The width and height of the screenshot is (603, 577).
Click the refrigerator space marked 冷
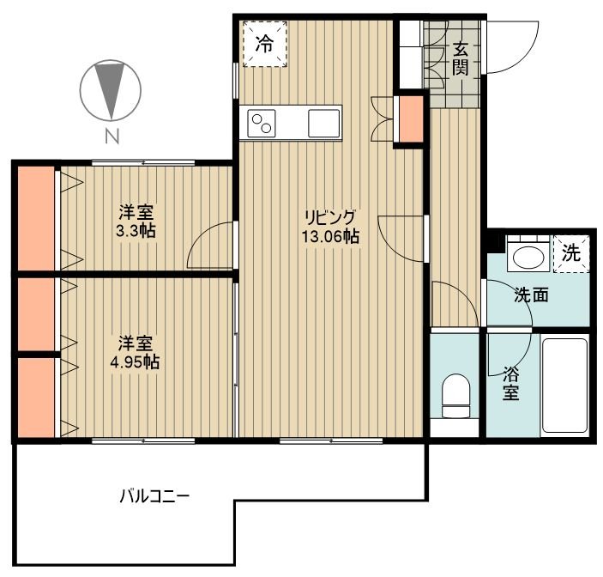point(265,44)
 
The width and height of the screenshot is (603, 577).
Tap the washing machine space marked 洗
point(571,254)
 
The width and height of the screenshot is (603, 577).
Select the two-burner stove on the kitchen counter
point(262,123)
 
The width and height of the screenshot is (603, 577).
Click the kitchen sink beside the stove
point(324,123)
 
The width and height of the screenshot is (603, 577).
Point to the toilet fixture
point(455,396)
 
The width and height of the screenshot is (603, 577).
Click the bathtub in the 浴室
point(564,386)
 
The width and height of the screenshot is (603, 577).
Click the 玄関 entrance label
point(461,58)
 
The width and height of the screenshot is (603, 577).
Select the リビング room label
point(330,218)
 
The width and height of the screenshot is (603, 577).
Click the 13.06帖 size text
point(330,236)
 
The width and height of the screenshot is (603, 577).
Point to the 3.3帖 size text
point(136,231)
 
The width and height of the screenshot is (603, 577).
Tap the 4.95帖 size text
point(135,361)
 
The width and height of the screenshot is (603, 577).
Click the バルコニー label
point(154,496)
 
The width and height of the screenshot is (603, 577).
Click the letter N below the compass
point(112,136)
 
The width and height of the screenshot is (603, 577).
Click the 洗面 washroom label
point(532,295)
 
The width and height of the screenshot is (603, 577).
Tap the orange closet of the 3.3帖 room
point(36,218)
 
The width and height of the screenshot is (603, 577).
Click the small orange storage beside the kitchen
point(412,118)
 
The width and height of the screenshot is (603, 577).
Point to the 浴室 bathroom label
point(510,383)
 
